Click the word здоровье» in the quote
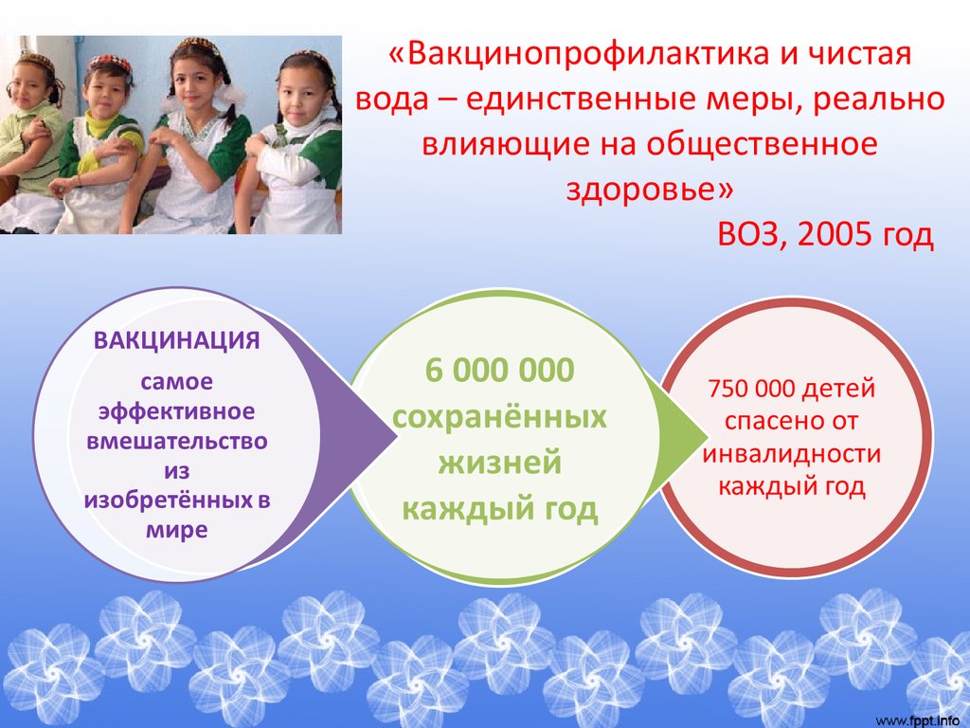[x=650, y=189]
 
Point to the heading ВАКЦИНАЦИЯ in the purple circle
[x=177, y=340]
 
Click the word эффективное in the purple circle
[x=177, y=411]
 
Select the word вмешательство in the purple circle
[x=177, y=441]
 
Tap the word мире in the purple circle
[x=177, y=531]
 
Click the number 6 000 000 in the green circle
[x=500, y=370]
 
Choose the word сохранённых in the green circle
[x=500, y=417]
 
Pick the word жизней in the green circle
[x=500, y=463]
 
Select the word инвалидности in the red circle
[x=792, y=454]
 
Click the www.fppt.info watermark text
[x=922, y=720]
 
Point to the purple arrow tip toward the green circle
[x=396, y=437]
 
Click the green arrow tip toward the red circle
[x=707, y=437]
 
